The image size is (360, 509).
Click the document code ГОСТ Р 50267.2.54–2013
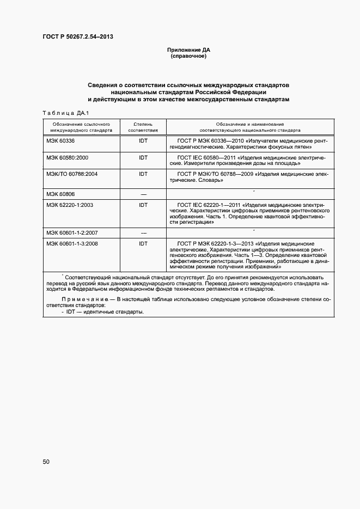point(78,37)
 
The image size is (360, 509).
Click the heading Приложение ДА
point(188,50)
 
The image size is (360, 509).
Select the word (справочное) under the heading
point(188,56)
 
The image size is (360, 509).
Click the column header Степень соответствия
point(143,127)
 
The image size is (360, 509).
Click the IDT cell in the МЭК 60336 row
point(143,141)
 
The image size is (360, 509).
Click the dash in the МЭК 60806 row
point(143,194)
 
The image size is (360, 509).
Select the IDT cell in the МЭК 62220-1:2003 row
point(143,205)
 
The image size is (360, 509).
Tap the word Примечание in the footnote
point(82,299)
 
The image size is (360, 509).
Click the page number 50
point(46,462)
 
